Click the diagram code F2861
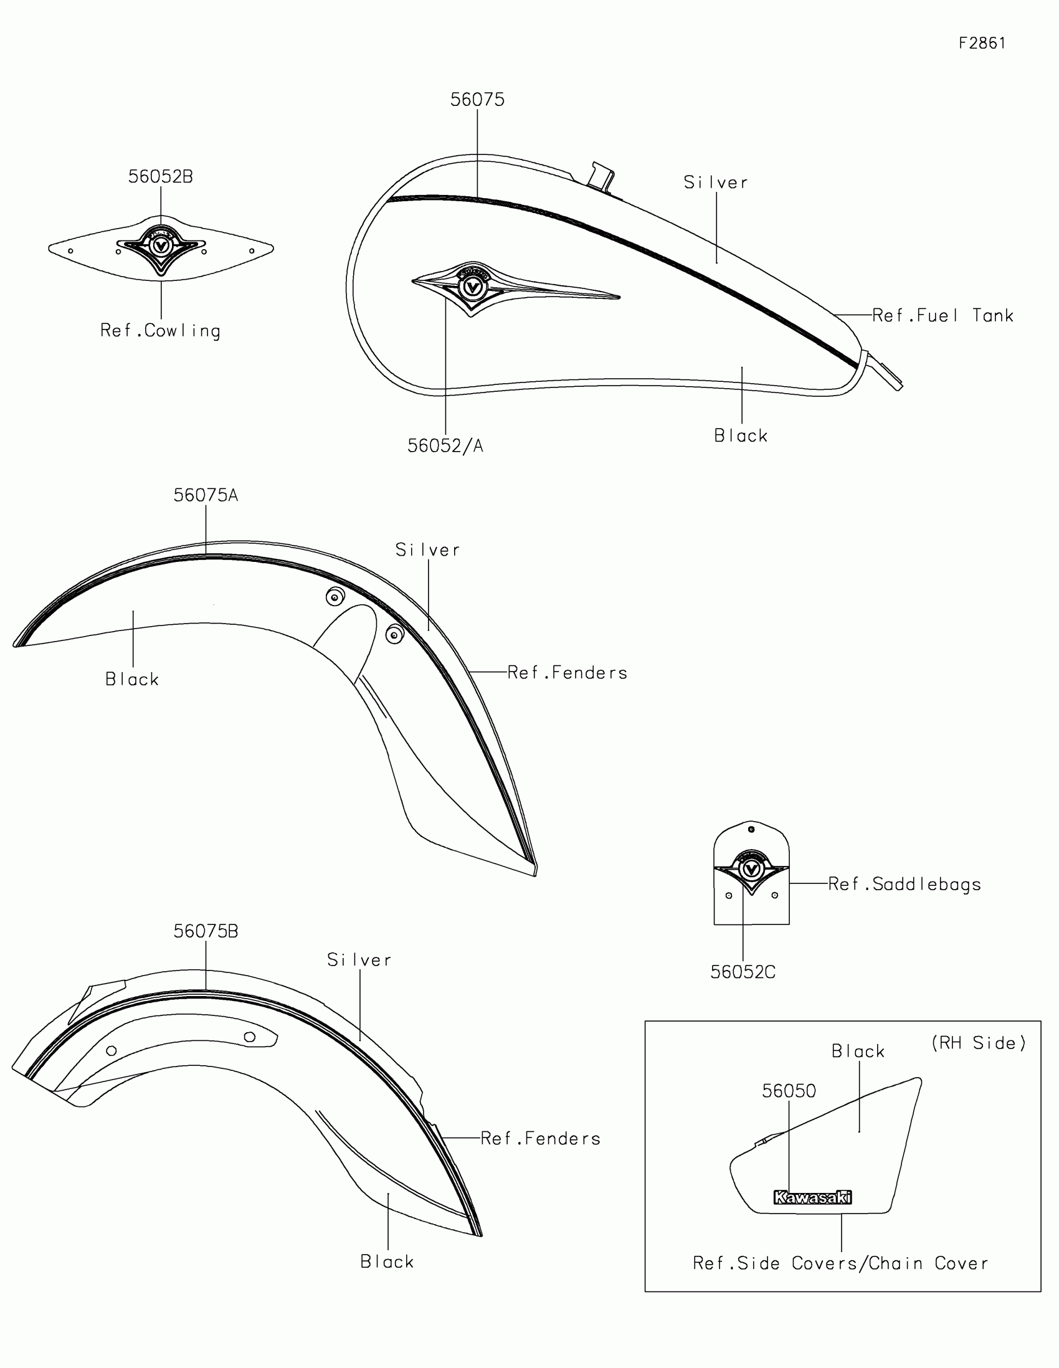[x=982, y=43]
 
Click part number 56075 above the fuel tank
[x=477, y=100]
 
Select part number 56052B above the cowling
[x=160, y=177]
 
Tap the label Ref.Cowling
[x=160, y=331]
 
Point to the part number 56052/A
[x=445, y=446]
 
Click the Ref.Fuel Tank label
[x=943, y=315]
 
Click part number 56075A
[x=206, y=495]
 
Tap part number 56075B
[x=206, y=931]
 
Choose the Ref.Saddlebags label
[x=905, y=884]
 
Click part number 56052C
[x=743, y=972]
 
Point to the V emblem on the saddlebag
[x=751, y=869]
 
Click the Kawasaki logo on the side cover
[x=813, y=1198]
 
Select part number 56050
[x=789, y=1091]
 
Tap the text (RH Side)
[x=978, y=1043]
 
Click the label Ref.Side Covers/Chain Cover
[x=840, y=1263]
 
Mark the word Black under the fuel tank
[x=741, y=436]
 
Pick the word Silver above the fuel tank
[x=716, y=183]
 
